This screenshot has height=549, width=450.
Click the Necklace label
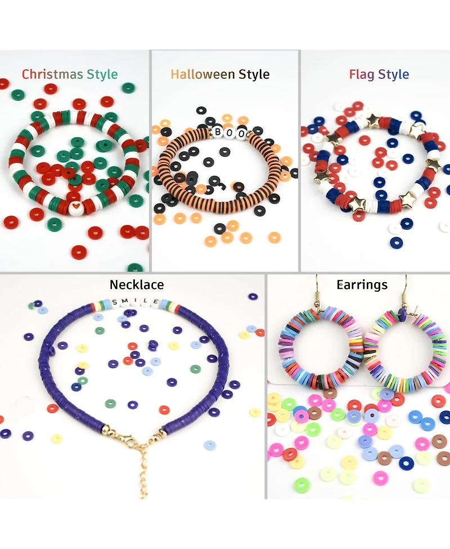click(137, 285)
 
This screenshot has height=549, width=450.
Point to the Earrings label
click(362, 285)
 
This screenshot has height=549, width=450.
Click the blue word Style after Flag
click(394, 74)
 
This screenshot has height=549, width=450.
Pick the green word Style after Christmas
click(102, 74)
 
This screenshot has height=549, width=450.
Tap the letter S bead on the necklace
click(115, 302)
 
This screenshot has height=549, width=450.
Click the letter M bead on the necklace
click(125, 302)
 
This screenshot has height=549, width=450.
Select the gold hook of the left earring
click(319, 292)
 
